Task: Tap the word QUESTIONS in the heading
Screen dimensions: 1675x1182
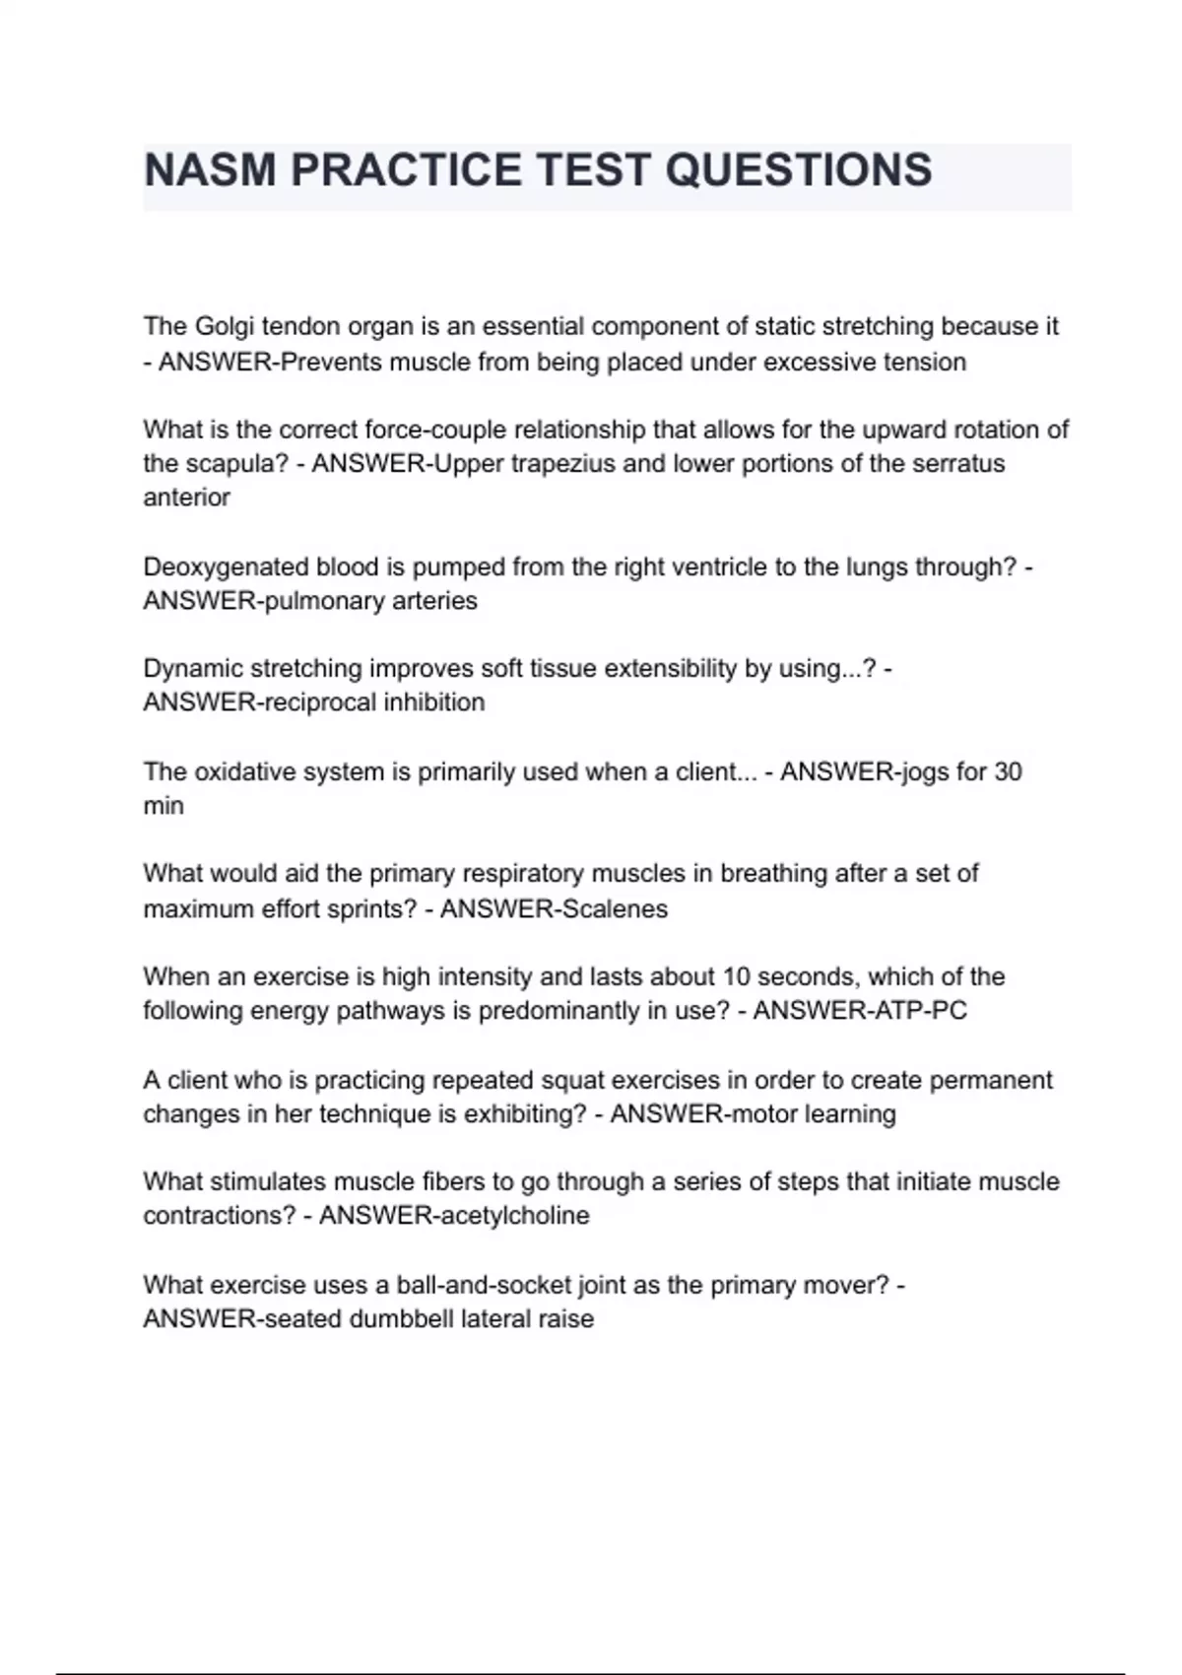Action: click(799, 169)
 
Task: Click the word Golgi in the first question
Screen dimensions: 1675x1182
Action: click(225, 326)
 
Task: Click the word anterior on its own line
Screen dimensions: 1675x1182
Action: click(186, 498)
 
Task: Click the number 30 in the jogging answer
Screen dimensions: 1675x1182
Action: click(1008, 771)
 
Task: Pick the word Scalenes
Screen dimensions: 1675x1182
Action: click(613, 908)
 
